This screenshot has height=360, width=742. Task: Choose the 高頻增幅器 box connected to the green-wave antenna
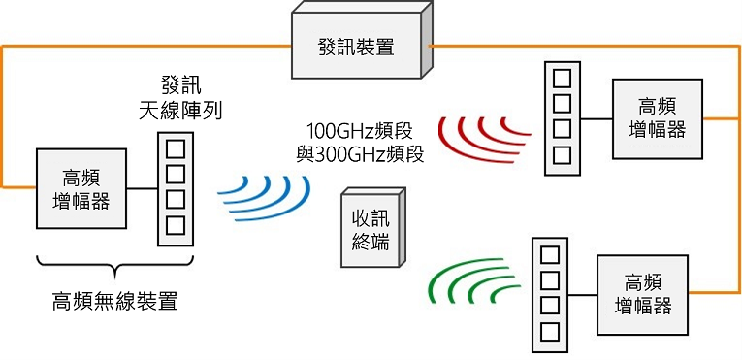pyautogui.click(x=643, y=294)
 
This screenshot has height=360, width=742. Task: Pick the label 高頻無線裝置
pyautogui.click(x=114, y=301)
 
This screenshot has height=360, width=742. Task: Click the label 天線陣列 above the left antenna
pyautogui.click(x=180, y=111)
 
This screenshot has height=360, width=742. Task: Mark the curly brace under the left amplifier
pyautogui.click(x=114, y=268)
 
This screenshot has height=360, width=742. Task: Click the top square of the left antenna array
pyautogui.click(x=176, y=150)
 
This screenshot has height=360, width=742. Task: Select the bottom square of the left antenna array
pyautogui.click(x=176, y=225)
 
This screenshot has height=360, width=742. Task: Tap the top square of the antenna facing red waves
pyautogui.click(x=561, y=78)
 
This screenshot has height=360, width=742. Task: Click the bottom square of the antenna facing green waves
pyautogui.click(x=549, y=332)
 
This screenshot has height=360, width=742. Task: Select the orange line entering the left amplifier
pyautogui.click(x=17, y=184)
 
